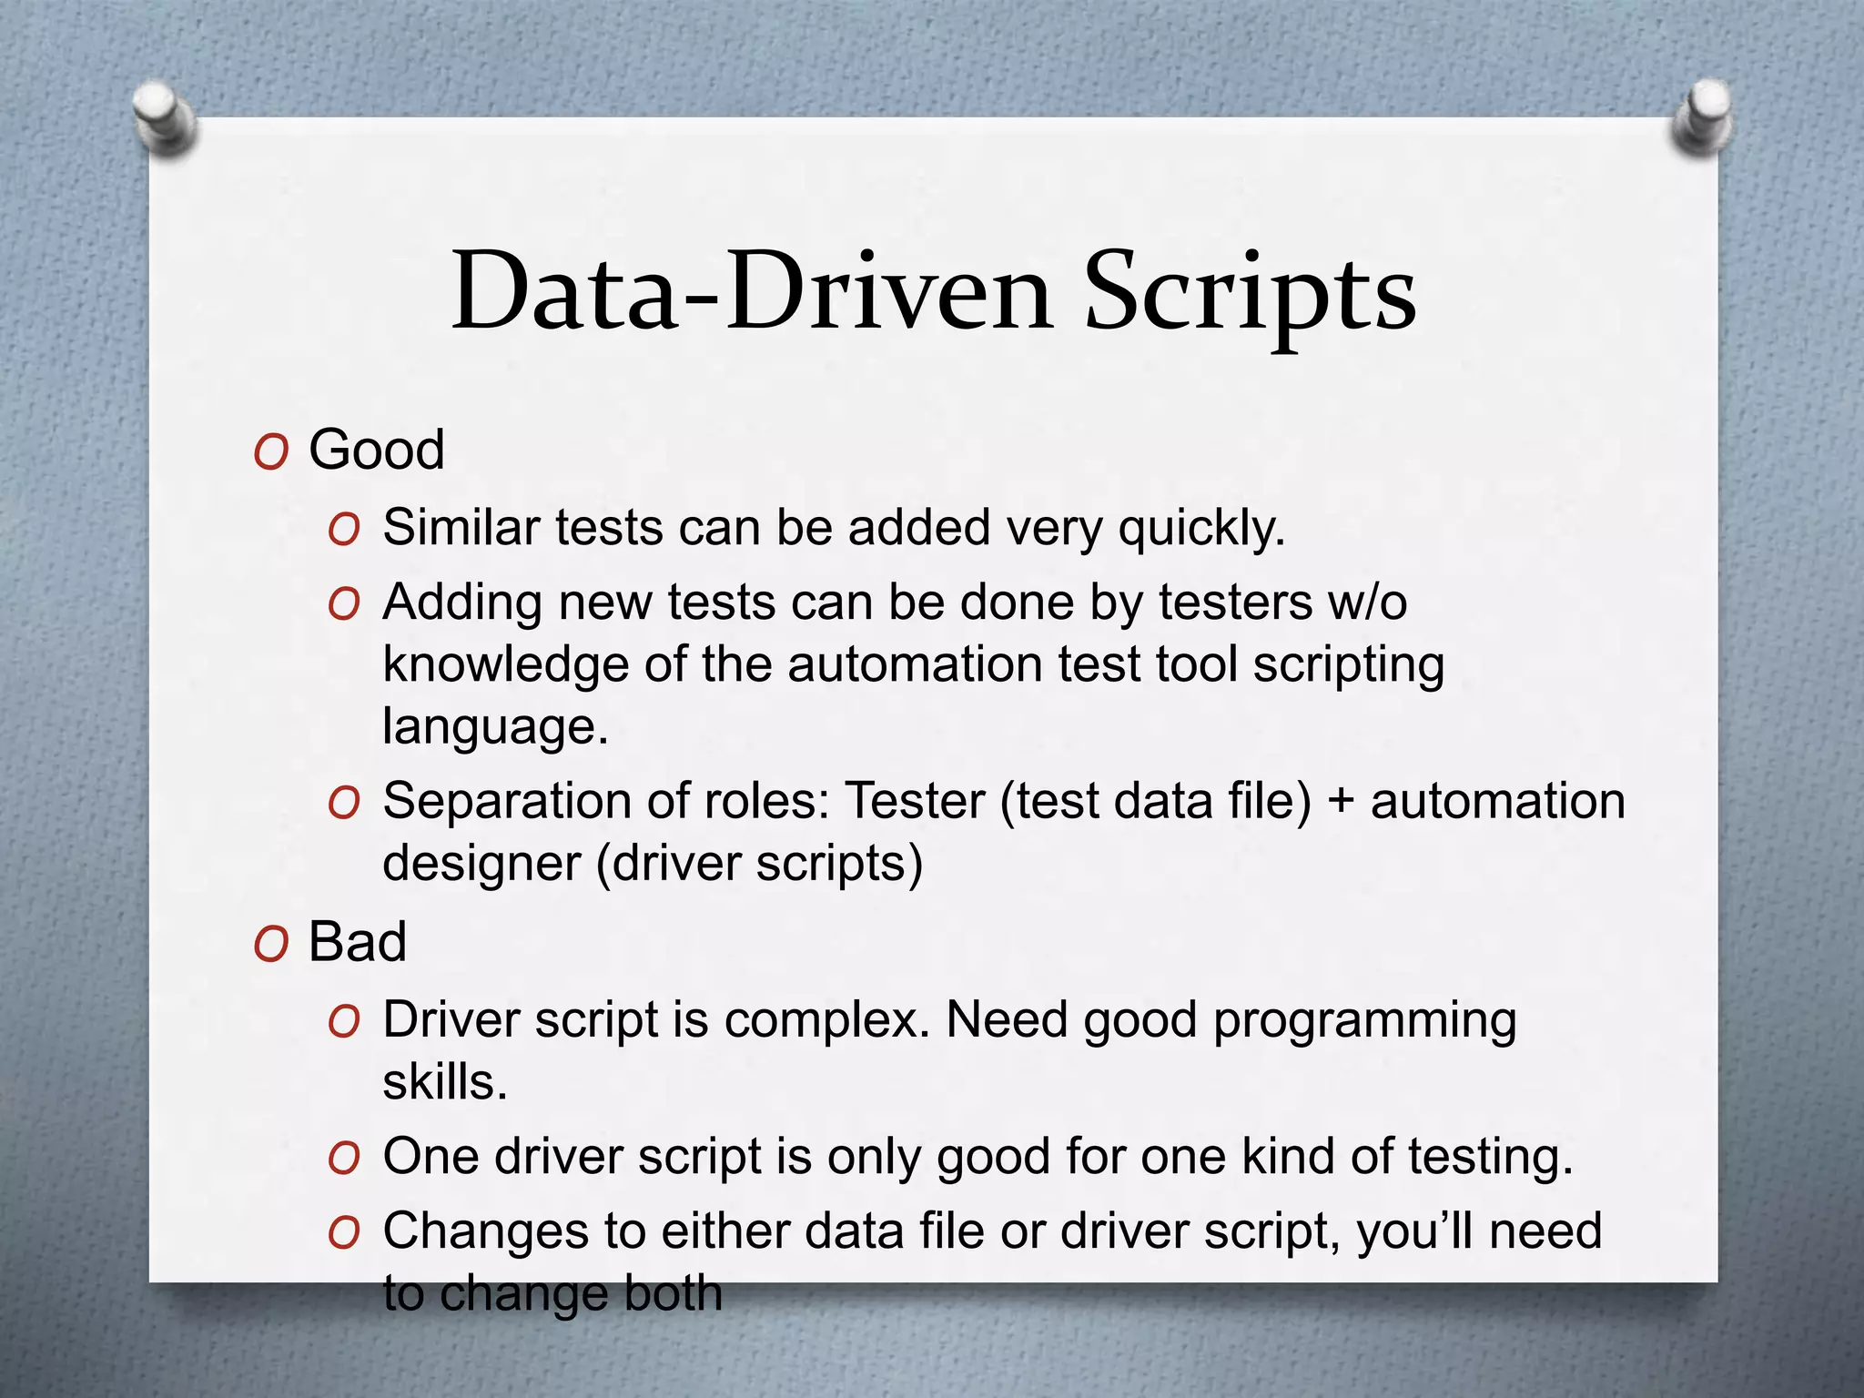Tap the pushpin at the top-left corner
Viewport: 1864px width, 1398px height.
pyautogui.click(x=164, y=118)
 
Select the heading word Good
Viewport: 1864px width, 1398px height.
pyautogui.click(x=377, y=450)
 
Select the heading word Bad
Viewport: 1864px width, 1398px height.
pyautogui.click(x=358, y=942)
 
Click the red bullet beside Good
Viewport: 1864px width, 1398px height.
pyautogui.click(x=271, y=451)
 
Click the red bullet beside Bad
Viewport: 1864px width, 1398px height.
pyautogui.click(x=271, y=944)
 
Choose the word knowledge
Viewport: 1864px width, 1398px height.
pyautogui.click(x=505, y=665)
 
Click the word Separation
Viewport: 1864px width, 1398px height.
pyautogui.click(x=507, y=802)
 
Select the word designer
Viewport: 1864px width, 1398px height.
pyautogui.click(x=481, y=864)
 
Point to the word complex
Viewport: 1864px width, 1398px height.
pyautogui.click(x=827, y=1021)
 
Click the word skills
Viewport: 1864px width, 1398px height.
pyautogui.click(x=444, y=1082)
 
